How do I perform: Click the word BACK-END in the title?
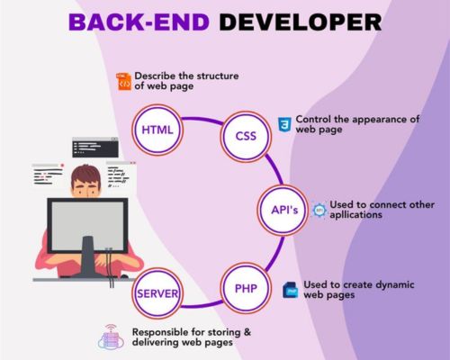point(139,22)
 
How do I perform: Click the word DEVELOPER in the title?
point(301,22)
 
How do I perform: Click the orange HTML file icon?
point(124,81)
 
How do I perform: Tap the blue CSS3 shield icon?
point(284,125)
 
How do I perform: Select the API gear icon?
point(319,210)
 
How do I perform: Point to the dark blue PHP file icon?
point(291,290)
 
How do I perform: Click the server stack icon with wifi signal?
point(111,337)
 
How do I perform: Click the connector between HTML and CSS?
point(202,120)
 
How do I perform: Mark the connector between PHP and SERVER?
point(202,304)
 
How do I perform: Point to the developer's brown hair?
point(85,175)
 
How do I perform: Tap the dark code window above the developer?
point(95,148)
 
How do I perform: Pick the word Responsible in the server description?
point(160,332)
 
